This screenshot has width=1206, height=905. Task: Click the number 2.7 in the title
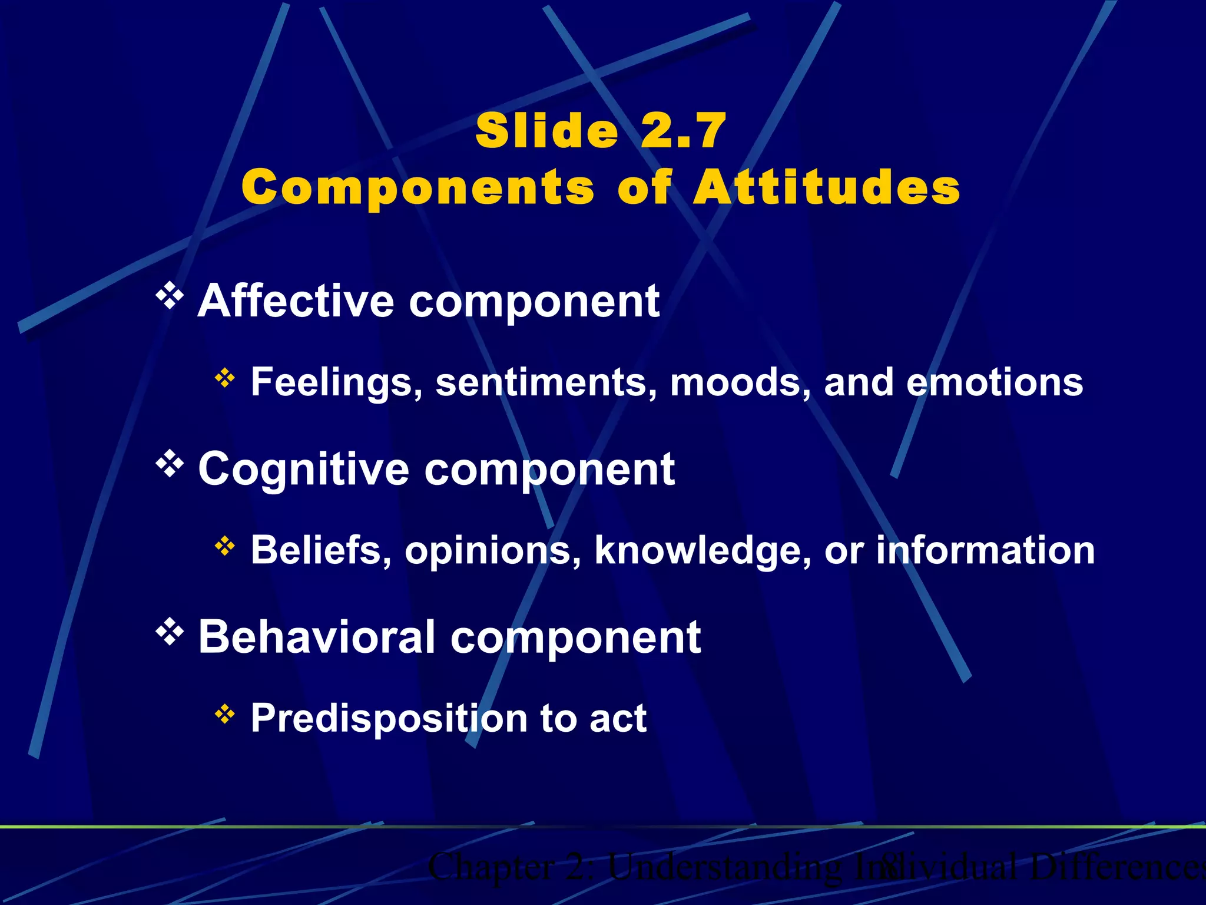tap(683, 131)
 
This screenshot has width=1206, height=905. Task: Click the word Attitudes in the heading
tap(827, 187)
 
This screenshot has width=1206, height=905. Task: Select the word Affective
tap(296, 300)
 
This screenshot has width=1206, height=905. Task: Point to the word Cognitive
tap(303, 469)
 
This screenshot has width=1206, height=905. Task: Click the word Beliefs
tap(322, 550)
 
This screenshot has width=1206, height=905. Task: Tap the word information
tap(985, 550)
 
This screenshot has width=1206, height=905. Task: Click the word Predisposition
tap(389, 719)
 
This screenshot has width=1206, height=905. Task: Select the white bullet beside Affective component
tap(170, 296)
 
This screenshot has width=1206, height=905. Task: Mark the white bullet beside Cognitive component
tap(170, 464)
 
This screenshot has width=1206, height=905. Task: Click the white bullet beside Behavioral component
tap(170, 632)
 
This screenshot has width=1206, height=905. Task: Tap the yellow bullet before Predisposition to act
tap(225, 714)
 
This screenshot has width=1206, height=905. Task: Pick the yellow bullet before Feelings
tap(225, 378)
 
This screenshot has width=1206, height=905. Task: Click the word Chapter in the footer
tap(491, 867)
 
